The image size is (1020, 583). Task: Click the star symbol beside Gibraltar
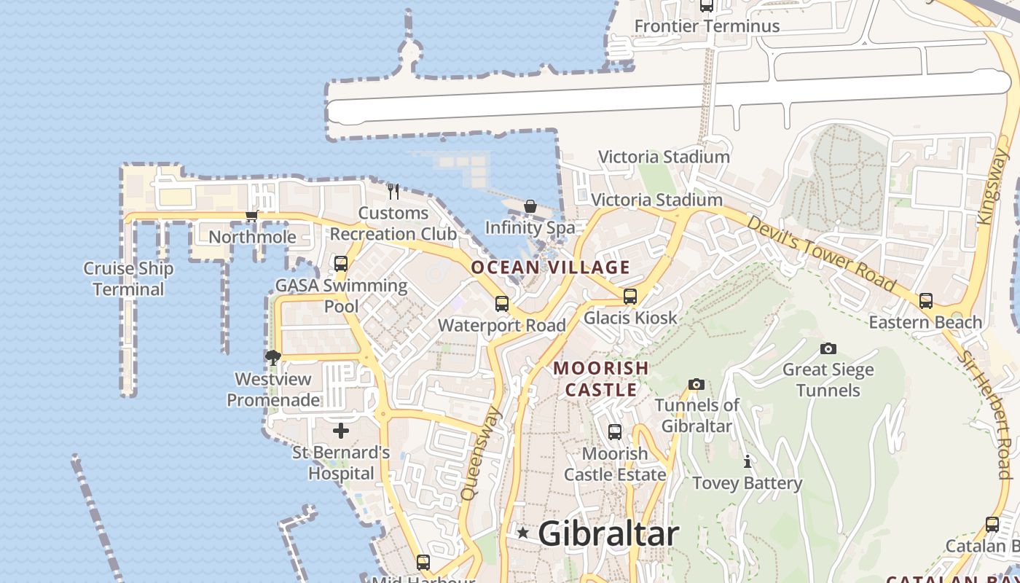(x=522, y=533)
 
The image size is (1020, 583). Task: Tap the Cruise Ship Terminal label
(x=128, y=278)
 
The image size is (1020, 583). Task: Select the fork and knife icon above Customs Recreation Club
(x=393, y=191)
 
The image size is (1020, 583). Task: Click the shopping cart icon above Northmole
(x=252, y=215)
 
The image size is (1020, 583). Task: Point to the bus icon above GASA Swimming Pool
(x=341, y=264)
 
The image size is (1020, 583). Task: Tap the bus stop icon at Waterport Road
(x=502, y=304)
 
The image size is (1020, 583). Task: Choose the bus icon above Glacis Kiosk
(x=630, y=297)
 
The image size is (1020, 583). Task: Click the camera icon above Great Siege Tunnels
(x=828, y=348)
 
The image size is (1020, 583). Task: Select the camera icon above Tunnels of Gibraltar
(x=697, y=384)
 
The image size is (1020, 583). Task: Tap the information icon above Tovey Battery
(x=747, y=461)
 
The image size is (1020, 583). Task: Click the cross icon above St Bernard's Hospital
(x=341, y=431)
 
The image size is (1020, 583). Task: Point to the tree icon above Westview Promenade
(x=273, y=357)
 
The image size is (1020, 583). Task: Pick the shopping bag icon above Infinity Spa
(x=530, y=206)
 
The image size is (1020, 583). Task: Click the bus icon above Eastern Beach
(x=926, y=300)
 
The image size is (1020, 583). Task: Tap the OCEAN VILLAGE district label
(x=550, y=267)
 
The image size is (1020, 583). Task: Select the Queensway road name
(x=481, y=454)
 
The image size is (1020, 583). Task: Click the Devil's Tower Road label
(x=821, y=252)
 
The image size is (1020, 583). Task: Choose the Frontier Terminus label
(x=707, y=26)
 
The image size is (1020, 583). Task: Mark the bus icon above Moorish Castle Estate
(x=615, y=432)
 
